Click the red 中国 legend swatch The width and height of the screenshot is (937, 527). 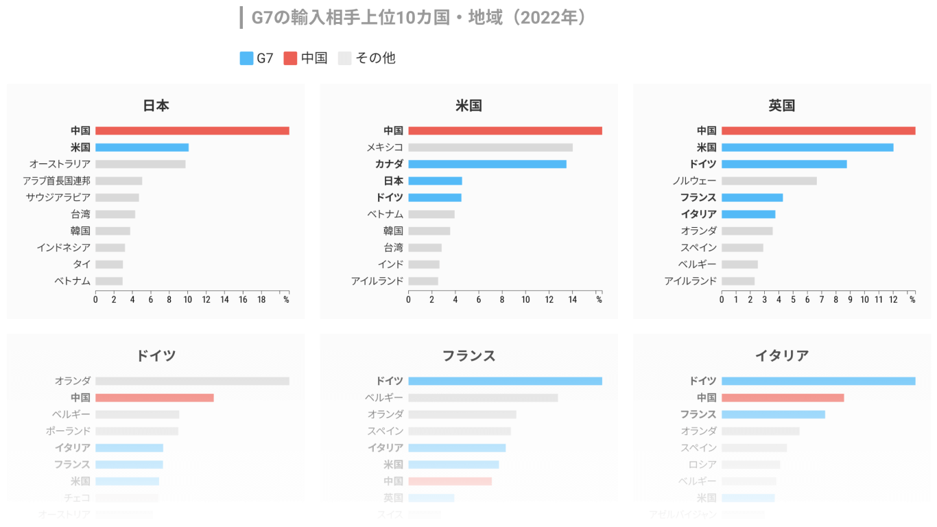point(290,58)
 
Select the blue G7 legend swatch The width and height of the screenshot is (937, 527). point(246,58)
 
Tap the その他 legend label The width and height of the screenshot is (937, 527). point(375,58)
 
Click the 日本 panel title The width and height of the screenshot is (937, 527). point(156,106)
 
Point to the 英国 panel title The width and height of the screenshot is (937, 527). point(782,106)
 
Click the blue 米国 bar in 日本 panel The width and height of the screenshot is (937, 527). point(142,148)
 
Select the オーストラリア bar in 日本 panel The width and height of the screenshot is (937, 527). point(140,164)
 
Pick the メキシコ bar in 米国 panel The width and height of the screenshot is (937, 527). point(490,148)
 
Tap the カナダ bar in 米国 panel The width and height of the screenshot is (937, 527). point(487,164)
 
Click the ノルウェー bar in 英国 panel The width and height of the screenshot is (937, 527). point(769,181)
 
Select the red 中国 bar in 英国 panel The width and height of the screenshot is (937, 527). point(818,131)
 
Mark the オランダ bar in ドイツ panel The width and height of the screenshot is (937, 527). point(192,381)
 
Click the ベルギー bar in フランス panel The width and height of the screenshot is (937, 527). point(483,398)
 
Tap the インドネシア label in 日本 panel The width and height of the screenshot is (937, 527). point(64,248)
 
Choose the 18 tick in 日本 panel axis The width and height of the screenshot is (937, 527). point(261,300)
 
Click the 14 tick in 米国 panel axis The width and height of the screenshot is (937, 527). point(572,300)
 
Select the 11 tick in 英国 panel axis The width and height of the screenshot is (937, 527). point(879,300)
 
